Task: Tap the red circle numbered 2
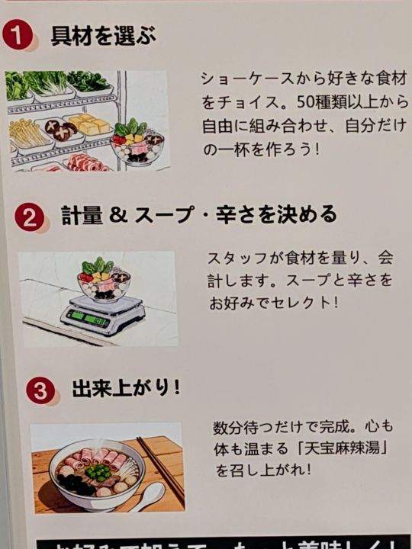point(30,217)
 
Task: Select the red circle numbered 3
point(40,390)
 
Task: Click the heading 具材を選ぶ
point(104,36)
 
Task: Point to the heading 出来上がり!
point(127,387)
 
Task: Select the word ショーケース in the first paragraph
point(245,78)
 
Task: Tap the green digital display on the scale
point(88,316)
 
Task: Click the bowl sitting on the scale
point(103,281)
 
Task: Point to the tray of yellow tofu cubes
point(89,124)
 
